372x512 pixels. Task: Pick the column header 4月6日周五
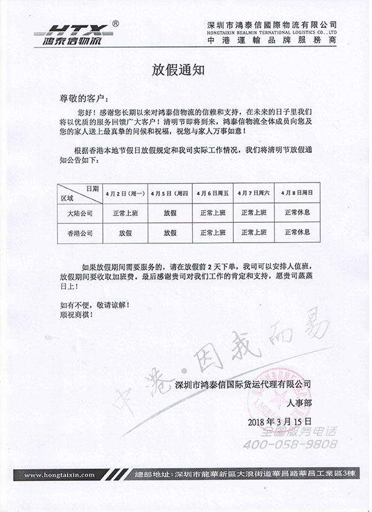pos(213,193)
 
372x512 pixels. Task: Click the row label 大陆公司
pos(79,212)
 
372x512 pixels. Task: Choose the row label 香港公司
pos(79,233)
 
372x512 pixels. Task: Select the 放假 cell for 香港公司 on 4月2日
pos(126,233)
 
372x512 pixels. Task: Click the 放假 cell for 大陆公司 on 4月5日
pos(170,212)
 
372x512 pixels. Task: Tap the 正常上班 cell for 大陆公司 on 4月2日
pos(126,212)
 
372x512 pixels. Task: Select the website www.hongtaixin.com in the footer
pos(60,475)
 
